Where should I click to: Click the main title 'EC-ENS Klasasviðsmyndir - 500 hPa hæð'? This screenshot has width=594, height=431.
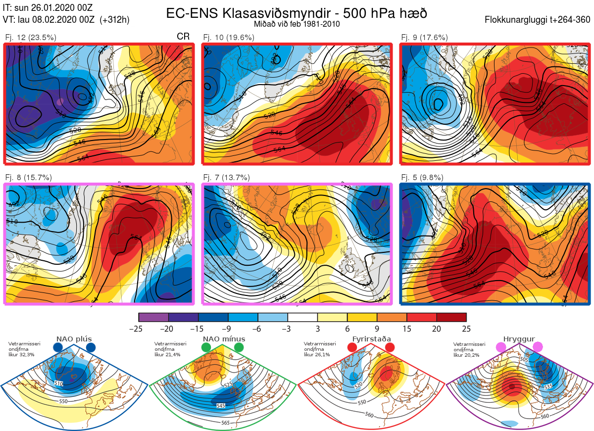pos(297,13)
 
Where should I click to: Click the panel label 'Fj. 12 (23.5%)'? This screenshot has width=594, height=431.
pos(31,37)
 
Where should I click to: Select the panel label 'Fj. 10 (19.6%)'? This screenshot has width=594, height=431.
pos(229,37)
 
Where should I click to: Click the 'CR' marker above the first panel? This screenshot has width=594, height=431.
pos(183,37)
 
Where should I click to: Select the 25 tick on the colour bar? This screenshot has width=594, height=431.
pos(466,329)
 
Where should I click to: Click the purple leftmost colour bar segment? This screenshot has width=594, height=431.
pos(153,317)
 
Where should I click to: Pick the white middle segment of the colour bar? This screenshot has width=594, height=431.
pos(302,317)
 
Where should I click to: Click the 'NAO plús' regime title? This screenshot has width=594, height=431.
pos(74,339)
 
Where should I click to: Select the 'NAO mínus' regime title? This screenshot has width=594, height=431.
pos(224,339)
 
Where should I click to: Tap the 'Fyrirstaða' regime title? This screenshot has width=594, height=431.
pos(371,339)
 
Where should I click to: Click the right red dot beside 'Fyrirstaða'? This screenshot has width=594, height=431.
pos(389,347)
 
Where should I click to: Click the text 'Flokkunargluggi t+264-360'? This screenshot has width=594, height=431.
pos(539,20)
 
